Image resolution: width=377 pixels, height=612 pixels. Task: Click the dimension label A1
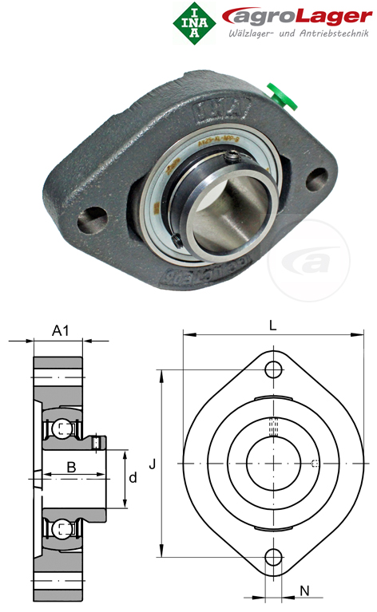tap(60, 330)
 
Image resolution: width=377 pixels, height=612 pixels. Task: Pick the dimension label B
tap(71, 468)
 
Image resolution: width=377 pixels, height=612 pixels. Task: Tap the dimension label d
tap(133, 478)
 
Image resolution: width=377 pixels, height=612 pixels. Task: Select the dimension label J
tap(151, 463)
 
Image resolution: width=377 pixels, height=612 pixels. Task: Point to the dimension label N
tap(305, 591)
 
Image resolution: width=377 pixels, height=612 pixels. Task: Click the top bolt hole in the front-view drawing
tap(273, 369)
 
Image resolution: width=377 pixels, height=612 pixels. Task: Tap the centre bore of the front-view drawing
tap(273, 463)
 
